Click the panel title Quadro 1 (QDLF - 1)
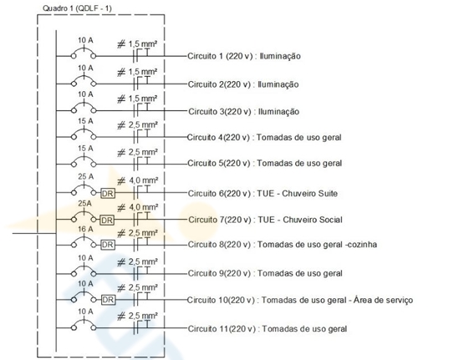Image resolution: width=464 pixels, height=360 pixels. pyautogui.click(x=77, y=8)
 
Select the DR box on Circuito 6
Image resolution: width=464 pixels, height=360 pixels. pyautogui.click(x=108, y=194)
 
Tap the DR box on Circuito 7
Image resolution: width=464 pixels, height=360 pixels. pyautogui.click(x=107, y=221)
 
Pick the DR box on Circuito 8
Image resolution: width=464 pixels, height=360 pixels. pyautogui.click(x=108, y=245)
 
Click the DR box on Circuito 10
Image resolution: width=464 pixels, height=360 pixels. pyautogui.click(x=108, y=300)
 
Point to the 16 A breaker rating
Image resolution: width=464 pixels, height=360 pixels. pyautogui.click(x=85, y=229)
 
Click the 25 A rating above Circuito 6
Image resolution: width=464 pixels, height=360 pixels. pyautogui.click(x=85, y=176)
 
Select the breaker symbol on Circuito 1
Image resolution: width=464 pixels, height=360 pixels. pyautogui.click(x=84, y=53)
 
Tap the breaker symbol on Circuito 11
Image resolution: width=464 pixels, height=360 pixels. pyautogui.click(x=84, y=325)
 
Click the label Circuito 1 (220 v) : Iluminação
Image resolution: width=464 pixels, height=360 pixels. pyautogui.click(x=244, y=56)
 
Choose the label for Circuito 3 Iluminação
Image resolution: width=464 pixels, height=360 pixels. pyautogui.click(x=244, y=111)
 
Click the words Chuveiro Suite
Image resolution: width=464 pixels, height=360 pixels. pyautogui.click(x=309, y=193)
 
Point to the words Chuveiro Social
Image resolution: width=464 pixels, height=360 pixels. pyautogui.click(x=313, y=220)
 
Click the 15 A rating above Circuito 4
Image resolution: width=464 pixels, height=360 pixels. pyautogui.click(x=85, y=121)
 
